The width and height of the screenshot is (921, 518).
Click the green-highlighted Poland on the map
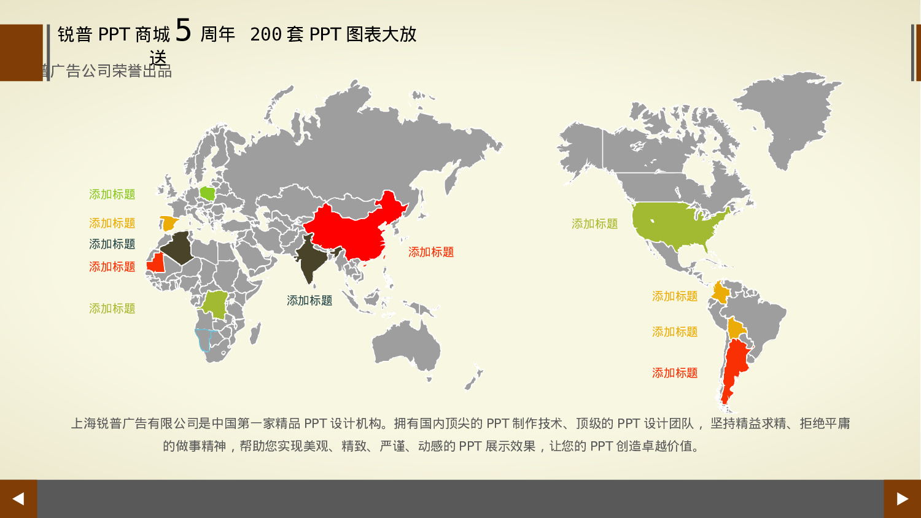[208, 194]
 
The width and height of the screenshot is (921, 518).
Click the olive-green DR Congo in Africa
[215, 304]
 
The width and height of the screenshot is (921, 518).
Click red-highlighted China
[353, 230]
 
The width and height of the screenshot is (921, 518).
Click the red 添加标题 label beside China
[431, 252]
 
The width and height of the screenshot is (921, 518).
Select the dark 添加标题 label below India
[309, 301]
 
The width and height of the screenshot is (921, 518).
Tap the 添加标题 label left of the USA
[594, 224]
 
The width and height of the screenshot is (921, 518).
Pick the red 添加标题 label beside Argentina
[675, 373]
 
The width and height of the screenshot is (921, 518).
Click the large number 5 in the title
[184, 31]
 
